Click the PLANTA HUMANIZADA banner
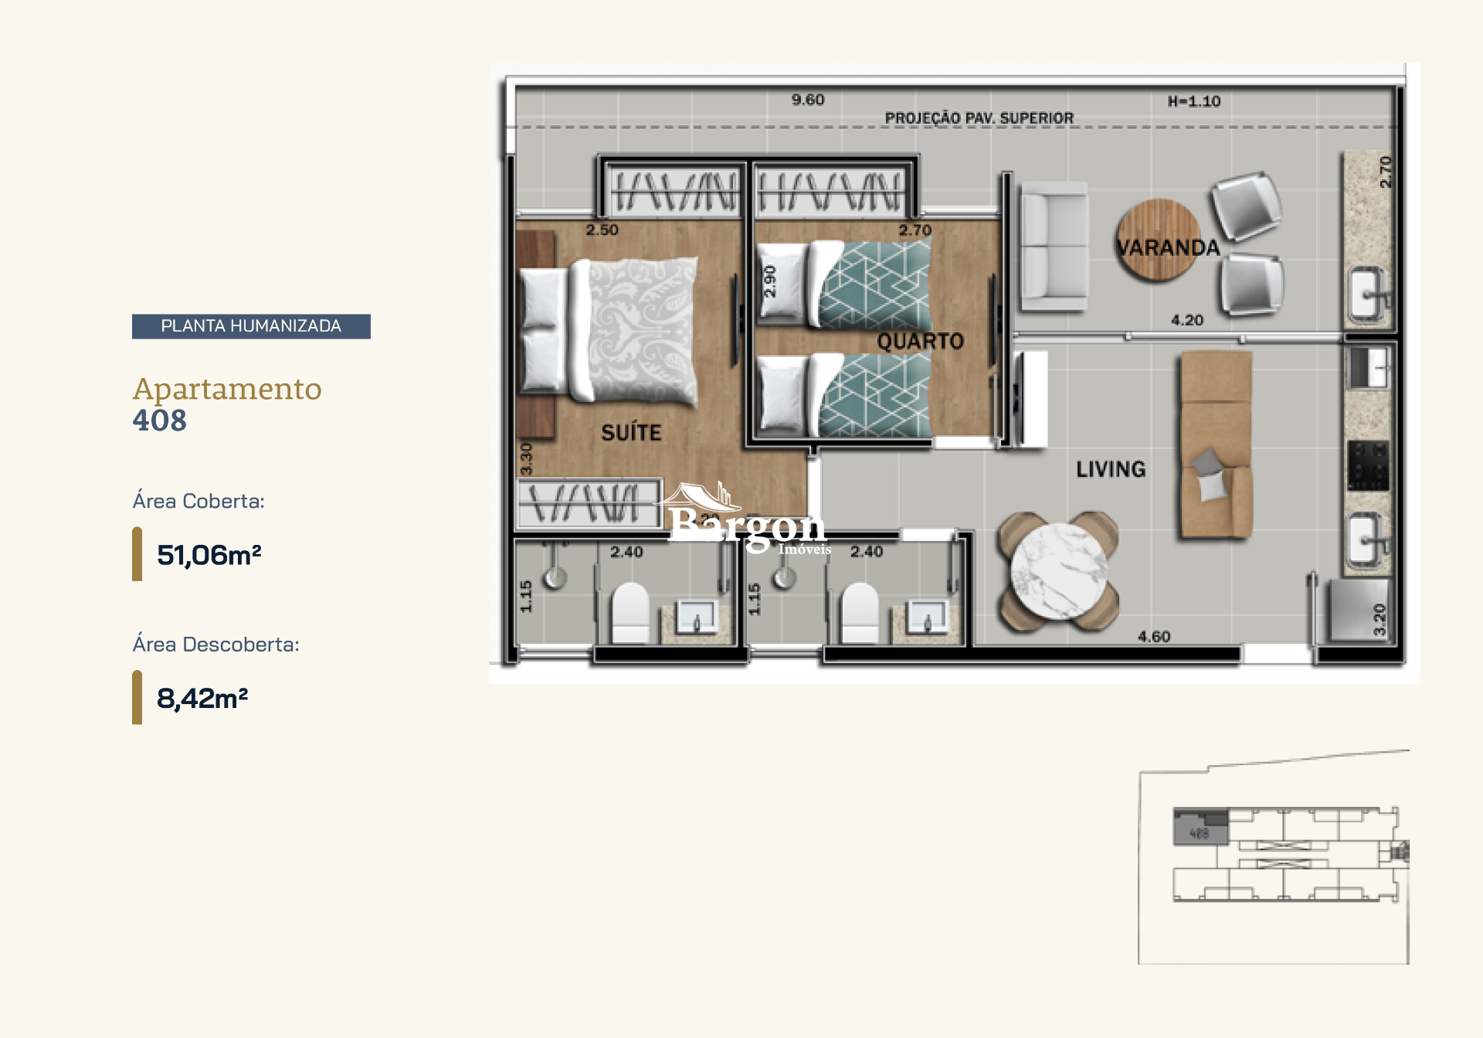click(251, 326)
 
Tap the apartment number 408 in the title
click(160, 420)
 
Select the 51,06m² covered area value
click(209, 555)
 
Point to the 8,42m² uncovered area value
click(202, 698)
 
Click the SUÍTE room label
click(631, 433)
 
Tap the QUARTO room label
click(920, 341)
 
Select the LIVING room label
click(1111, 469)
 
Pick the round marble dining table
click(1059, 570)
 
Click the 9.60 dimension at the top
click(808, 100)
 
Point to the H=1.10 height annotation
click(1194, 101)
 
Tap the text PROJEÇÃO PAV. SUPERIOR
click(979, 118)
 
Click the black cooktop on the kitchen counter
click(1368, 465)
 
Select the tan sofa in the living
click(1216, 445)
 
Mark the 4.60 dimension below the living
click(1154, 637)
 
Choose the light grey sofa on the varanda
click(1054, 246)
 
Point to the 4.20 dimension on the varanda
click(1187, 320)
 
